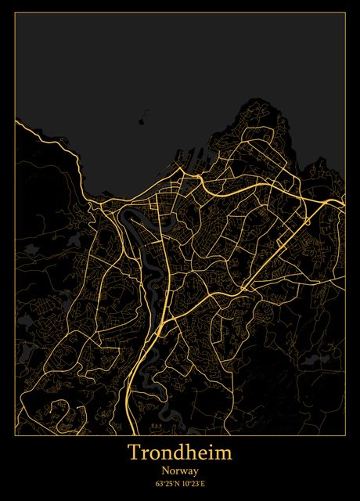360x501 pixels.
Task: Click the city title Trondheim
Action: (x=180, y=453)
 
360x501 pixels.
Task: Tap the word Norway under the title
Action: (x=180, y=470)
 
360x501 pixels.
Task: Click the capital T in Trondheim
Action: (x=134, y=452)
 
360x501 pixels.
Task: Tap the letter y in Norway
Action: (x=196, y=472)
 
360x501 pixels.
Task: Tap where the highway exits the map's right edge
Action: (x=344, y=205)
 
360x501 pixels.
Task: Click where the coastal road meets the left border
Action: (x=16, y=122)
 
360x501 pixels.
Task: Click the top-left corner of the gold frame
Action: (x=15, y=15)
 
